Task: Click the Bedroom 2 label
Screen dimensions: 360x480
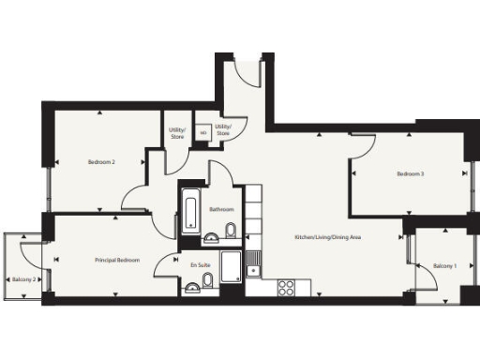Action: pos(101,162)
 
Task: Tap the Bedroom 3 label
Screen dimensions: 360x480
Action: pos(410,173)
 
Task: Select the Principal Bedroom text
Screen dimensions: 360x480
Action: pos(117,260)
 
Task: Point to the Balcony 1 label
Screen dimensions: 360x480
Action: pos(444,267)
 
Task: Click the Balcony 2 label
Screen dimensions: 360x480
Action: pos(24,279)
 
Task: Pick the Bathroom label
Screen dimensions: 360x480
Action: pos(222,210)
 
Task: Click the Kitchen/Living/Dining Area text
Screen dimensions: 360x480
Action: pos(328,237)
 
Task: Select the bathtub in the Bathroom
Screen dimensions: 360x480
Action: pos(188,211)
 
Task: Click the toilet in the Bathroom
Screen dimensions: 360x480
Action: pos(231,232)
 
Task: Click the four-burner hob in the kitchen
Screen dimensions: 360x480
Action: pos(287,288)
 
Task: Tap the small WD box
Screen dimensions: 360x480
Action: pos(202,133)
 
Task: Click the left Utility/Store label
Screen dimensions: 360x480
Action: pos(176,133)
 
